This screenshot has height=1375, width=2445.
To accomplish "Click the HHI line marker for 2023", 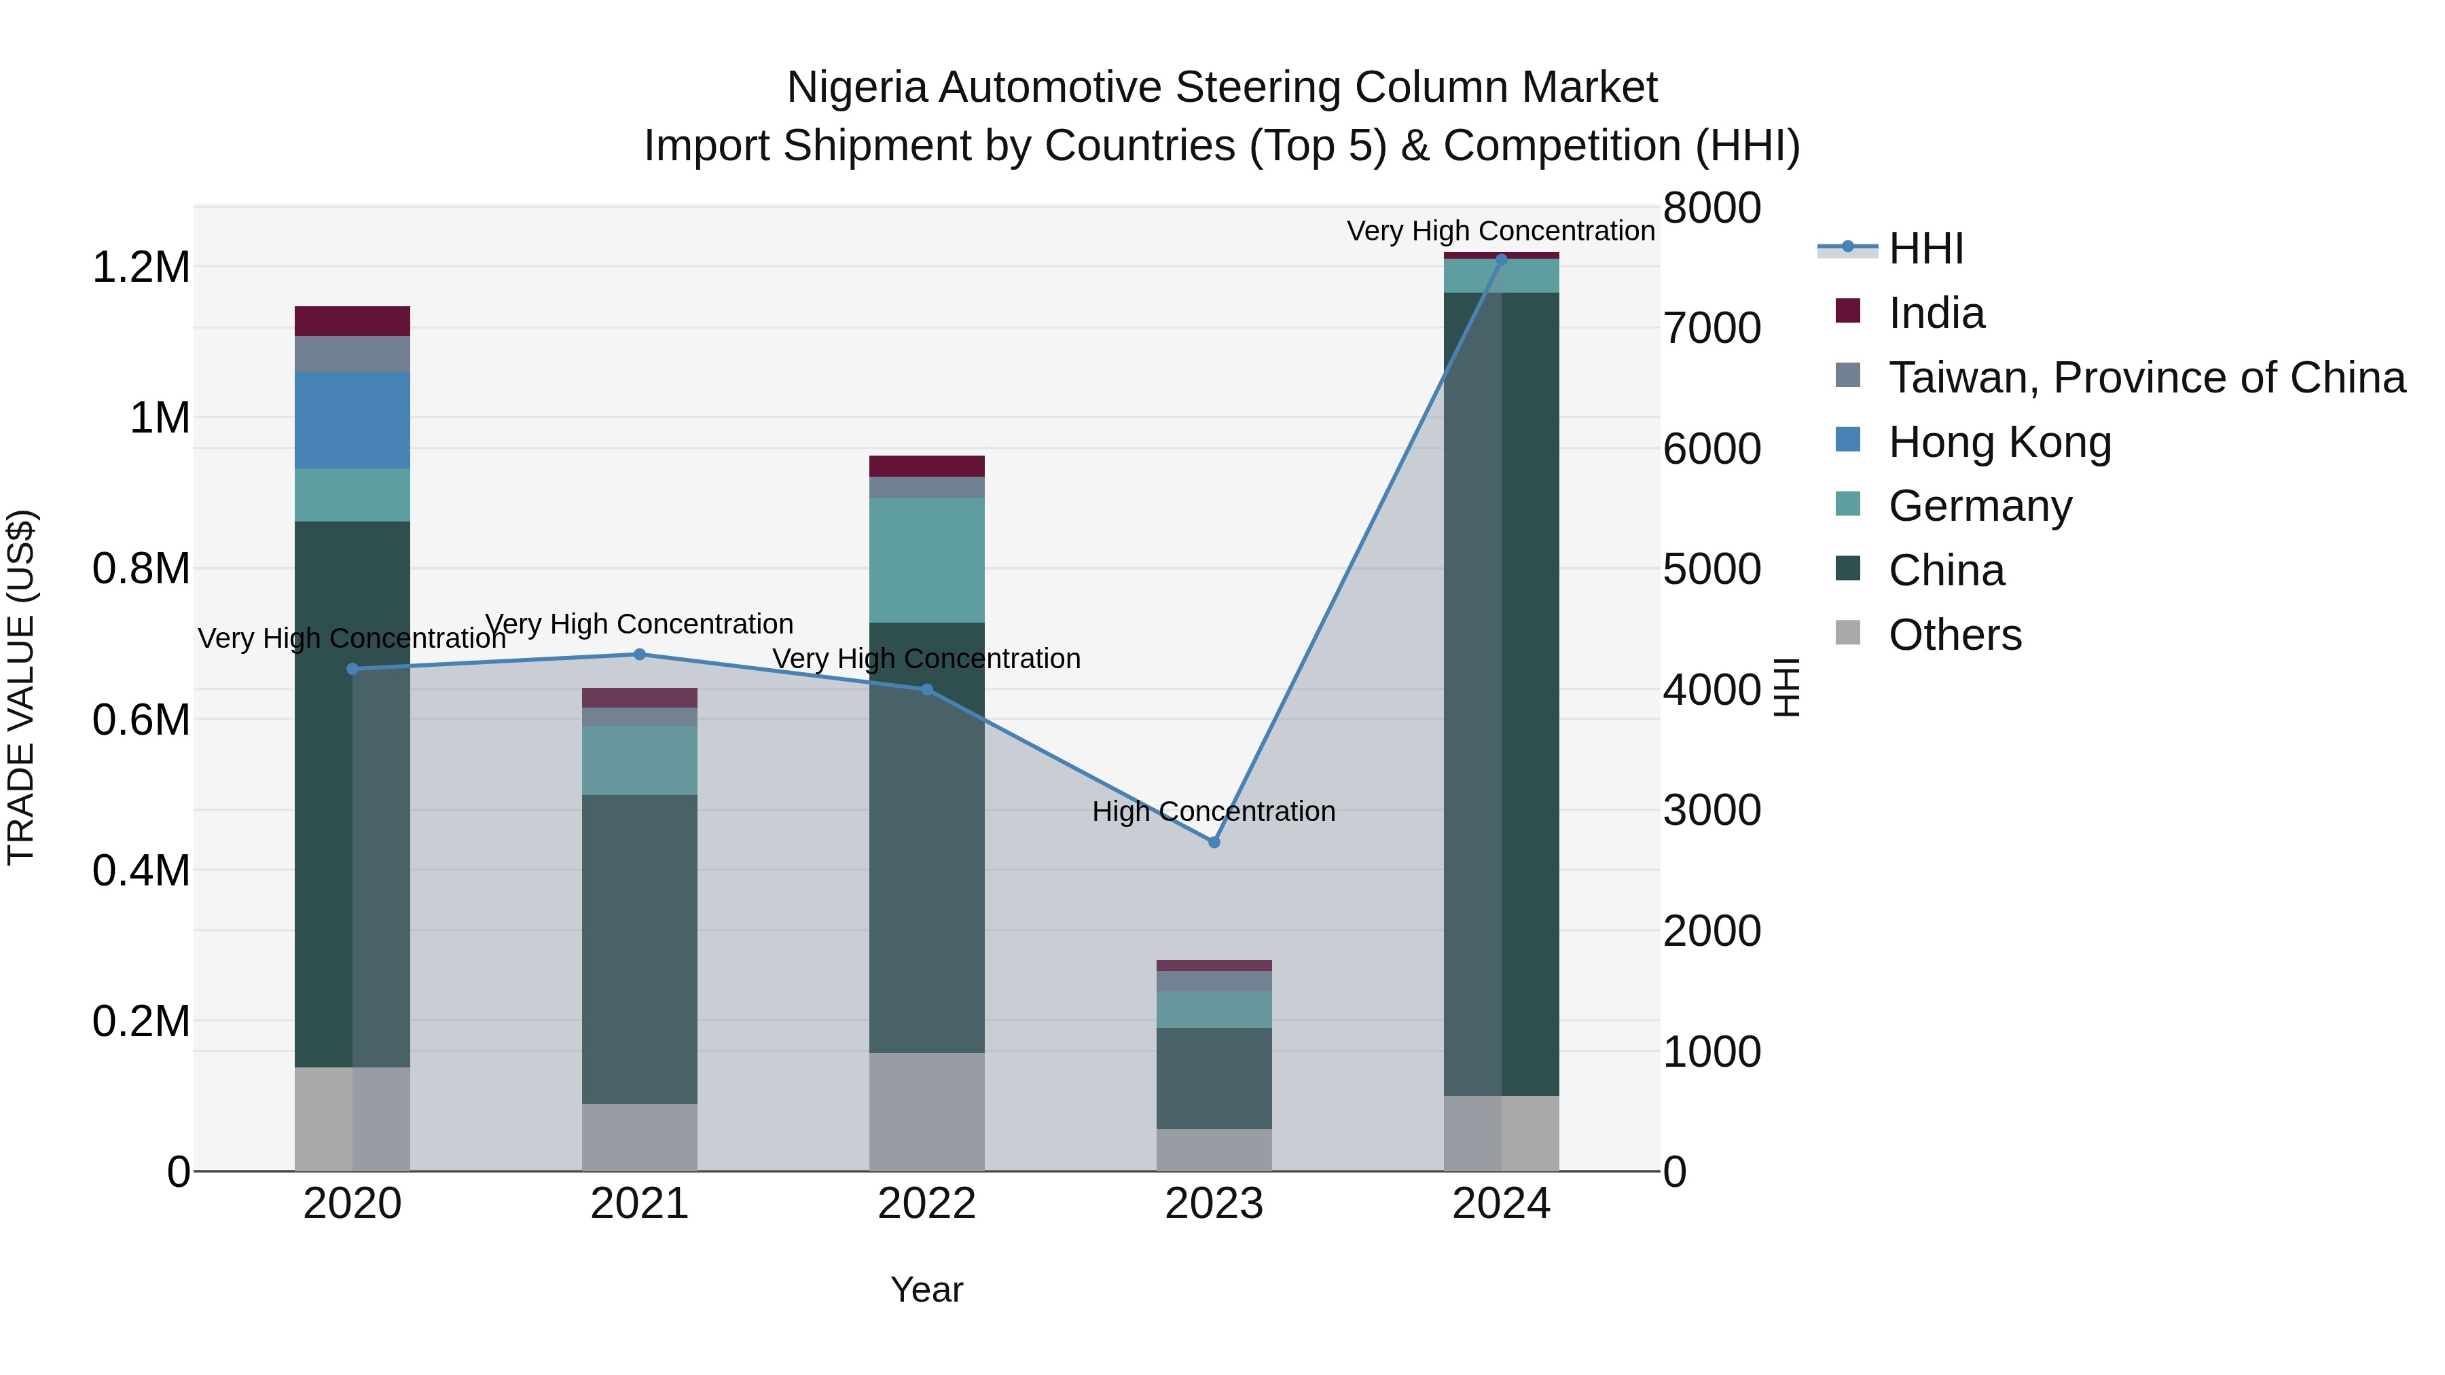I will click(1213, 842).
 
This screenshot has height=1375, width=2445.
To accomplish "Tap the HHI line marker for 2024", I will click(1500, 259).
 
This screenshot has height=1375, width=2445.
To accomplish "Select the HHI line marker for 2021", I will click(639, 654).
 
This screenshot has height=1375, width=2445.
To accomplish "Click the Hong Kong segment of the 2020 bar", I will click(352, 420).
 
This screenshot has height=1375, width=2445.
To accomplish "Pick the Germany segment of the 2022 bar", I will click(926, 560).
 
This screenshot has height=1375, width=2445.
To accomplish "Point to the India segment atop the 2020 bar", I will click(352, 320).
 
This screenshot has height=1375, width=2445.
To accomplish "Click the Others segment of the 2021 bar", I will click(639, 1137).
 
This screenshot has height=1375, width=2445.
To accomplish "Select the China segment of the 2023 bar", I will click(1213, 1078).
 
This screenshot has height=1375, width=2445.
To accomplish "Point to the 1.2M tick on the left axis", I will click(141, 268).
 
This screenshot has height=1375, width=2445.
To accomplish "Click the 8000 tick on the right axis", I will click(1711, 208).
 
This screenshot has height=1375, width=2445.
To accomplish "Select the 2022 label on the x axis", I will click(926, 1204).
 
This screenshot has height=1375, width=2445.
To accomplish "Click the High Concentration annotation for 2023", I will click(1213, 811).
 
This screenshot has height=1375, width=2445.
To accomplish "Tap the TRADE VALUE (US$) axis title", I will click(21, 687).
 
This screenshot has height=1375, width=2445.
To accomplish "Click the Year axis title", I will click(926, 1289).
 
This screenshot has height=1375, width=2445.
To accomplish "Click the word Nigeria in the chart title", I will click(856, 88).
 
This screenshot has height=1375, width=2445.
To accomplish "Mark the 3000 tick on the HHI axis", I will click(1711, 810).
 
